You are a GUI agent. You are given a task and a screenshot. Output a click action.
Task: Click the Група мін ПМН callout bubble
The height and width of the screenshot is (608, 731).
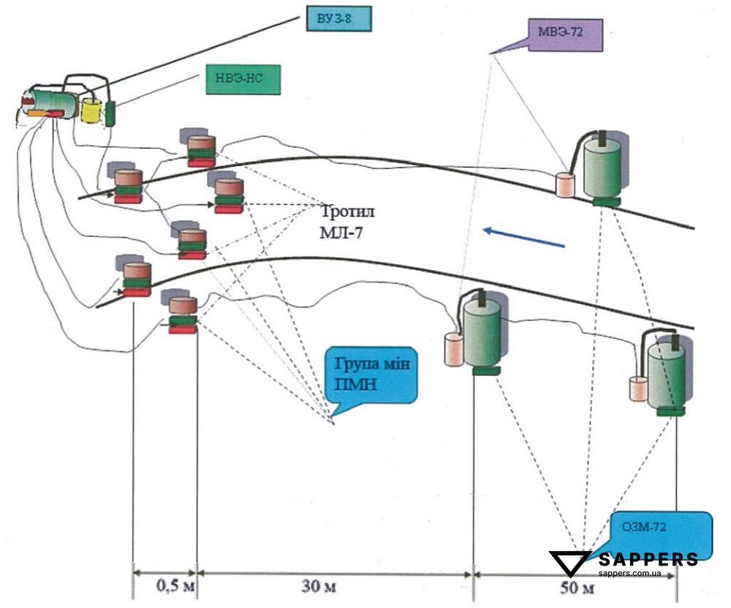[371, 374]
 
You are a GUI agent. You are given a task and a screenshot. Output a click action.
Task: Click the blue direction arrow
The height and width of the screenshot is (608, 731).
[524, 237]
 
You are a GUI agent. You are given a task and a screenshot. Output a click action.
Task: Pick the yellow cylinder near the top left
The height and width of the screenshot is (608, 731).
[91, 110]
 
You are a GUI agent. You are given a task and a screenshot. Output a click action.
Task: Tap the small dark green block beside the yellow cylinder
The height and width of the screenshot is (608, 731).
[111, 113]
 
